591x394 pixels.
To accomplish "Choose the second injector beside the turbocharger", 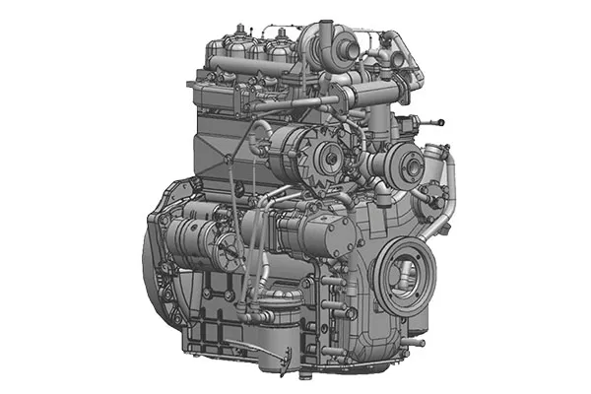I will click(279, 43).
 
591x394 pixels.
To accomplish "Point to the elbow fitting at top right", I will click(400, 49).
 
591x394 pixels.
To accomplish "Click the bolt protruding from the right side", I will click(434, 122).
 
